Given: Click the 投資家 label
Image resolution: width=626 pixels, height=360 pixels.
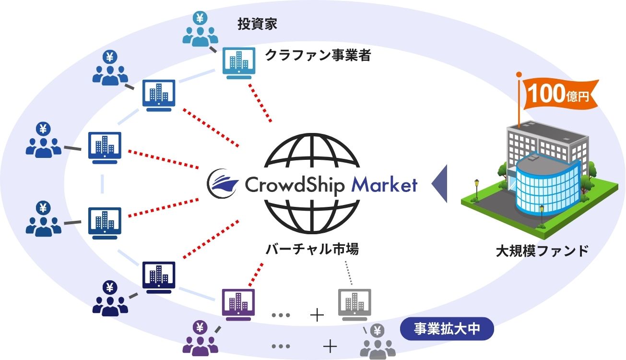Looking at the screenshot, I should click(x=257, y=24).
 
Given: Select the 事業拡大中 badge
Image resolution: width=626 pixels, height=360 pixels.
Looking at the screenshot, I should click(x=440, y=330).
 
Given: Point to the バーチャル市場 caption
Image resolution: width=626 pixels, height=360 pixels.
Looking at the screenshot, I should click(x=312, y=250).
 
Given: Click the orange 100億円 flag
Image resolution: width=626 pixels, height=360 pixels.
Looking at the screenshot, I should click(x=559, y=94).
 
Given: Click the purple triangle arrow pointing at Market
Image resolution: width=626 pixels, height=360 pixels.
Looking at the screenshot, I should click(x=440, y=184).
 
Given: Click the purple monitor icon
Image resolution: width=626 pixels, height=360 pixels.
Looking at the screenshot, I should click(x=238, y=303).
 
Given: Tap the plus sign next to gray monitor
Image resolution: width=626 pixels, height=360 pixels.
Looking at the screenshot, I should click(x=317, y=315).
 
